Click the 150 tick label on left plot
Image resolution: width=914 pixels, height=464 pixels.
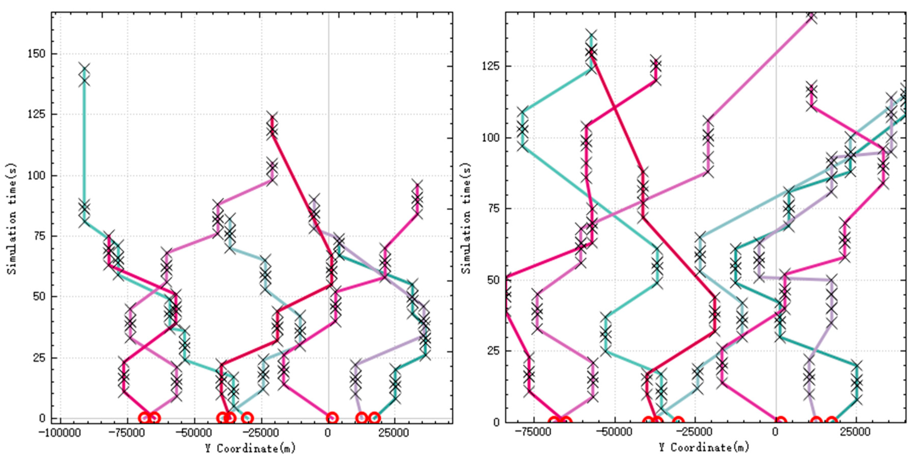(x=36, y=54)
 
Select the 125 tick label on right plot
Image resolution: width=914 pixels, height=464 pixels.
(x=490, y=66)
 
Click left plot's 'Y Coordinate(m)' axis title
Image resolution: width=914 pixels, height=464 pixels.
(x=250, y=448)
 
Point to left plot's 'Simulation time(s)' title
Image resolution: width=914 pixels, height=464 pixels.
(x=12, y=219)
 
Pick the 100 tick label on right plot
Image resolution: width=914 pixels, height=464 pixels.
(x=490, y=138)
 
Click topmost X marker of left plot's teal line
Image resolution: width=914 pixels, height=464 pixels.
(x=84, y=68)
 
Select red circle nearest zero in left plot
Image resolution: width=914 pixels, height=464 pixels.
(x=332, y=418)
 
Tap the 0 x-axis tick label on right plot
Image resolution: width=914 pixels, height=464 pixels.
(x=776, y=432)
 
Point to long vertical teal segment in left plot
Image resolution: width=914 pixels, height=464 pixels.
(x=84, y=142)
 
